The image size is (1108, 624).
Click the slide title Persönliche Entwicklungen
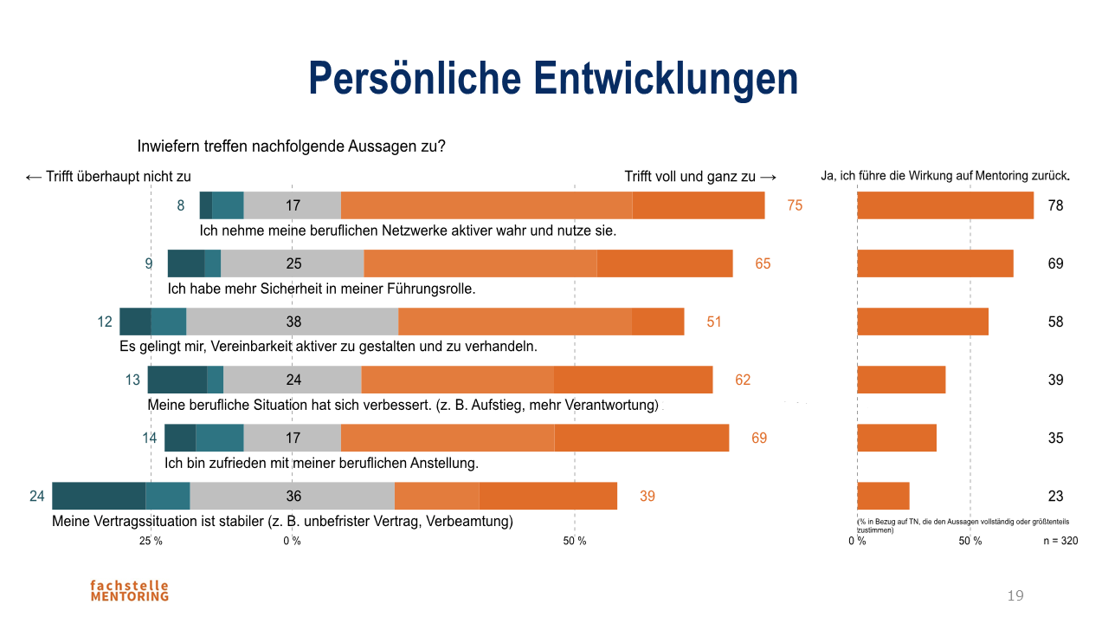(553, 79)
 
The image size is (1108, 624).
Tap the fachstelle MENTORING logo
(129, 590)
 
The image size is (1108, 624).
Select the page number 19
(1015, 595)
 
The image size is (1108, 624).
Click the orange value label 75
(795, 205)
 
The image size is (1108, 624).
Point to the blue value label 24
(36, 496)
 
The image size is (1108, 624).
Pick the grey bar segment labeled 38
(293, 322)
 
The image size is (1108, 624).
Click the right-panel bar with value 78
(945, 205)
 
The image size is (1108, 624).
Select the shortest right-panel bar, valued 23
(883, 496)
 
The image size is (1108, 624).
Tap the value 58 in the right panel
(1055, 322)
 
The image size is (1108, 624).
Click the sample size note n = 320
(1060, 541)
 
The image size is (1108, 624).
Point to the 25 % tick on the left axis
(151, 541)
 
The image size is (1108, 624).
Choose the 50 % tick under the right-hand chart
(969, 541)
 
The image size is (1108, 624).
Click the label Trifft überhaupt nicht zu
(108, 176)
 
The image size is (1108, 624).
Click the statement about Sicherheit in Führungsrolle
(321, 289)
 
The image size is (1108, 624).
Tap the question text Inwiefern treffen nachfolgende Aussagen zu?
(292, 146)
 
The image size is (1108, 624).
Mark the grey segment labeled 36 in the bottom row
(293, 496)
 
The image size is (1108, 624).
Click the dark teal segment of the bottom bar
(99, 496)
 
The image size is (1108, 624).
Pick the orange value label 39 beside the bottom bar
(647, 496)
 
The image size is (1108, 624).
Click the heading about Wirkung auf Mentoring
(945, 176)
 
